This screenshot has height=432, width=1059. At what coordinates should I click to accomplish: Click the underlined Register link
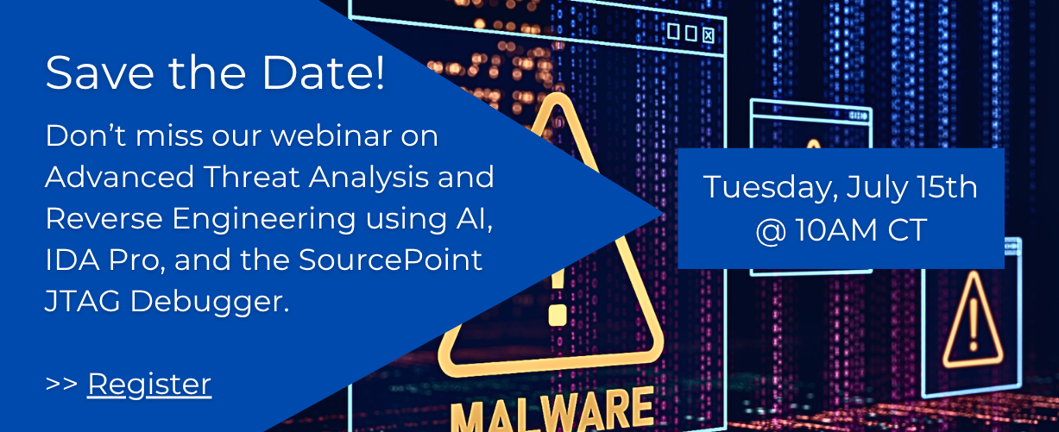149,385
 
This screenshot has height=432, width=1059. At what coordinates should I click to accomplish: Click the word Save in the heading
100,72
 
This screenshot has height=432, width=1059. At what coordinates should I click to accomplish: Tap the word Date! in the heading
324,72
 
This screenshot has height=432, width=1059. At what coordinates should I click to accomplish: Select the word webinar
331,135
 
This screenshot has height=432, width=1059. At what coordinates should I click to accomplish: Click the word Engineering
264,220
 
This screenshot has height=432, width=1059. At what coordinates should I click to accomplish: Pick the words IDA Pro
105,260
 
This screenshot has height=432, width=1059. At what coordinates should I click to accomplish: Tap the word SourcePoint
390,260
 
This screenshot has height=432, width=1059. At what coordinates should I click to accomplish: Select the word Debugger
210,302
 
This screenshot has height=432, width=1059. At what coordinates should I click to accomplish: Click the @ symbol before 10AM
771,231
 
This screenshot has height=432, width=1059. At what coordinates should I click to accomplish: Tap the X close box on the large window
709,35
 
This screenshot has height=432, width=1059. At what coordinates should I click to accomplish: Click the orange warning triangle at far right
973,320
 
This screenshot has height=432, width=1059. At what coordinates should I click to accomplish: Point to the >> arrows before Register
62,384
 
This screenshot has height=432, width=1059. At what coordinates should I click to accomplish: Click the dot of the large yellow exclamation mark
558,315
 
